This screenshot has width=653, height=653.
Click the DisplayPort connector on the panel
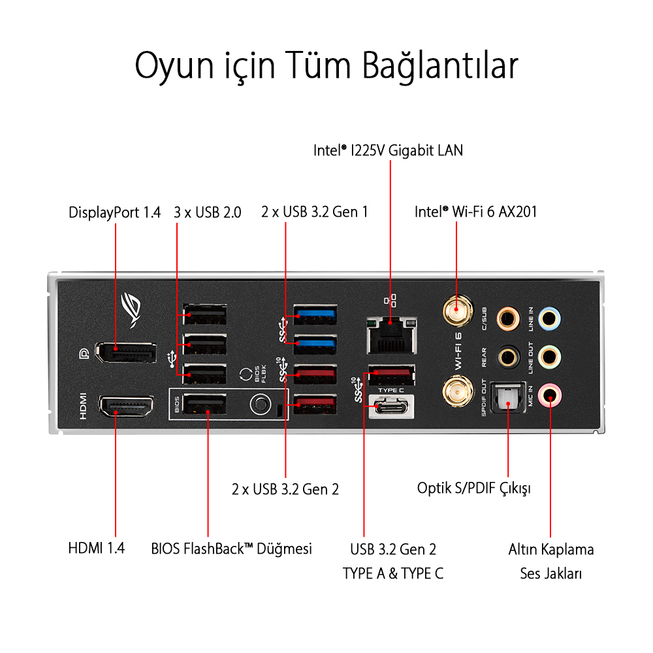pos(126,353)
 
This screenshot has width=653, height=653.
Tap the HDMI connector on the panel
pos(126,406)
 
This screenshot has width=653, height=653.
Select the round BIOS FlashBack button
pos(261,404)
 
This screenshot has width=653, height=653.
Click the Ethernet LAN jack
pos(391,335)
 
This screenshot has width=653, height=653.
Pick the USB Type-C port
pos(391,406)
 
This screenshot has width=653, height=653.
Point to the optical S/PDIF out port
pos(508,398)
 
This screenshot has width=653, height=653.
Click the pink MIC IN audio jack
pos(550,395)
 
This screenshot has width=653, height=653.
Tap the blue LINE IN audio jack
pos(549,319)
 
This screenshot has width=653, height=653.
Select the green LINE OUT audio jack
pos(550,357)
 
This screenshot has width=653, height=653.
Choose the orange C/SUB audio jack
pos(508,319)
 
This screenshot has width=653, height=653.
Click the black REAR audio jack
pos(508,357)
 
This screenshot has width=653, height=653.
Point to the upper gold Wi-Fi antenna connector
pos(457,310)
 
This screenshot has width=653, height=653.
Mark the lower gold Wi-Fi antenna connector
pos(458,391)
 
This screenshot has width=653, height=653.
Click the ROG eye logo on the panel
pos(131,310)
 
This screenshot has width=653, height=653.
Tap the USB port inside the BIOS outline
pos(204,404)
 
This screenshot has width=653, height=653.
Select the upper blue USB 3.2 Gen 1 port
pos(315,315)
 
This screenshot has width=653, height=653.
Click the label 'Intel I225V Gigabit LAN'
pos(388,150)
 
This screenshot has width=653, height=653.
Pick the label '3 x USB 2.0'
pos(208,212)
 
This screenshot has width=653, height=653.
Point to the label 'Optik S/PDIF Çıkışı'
pos(474,488)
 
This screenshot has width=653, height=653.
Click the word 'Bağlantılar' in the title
pos(439,66)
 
